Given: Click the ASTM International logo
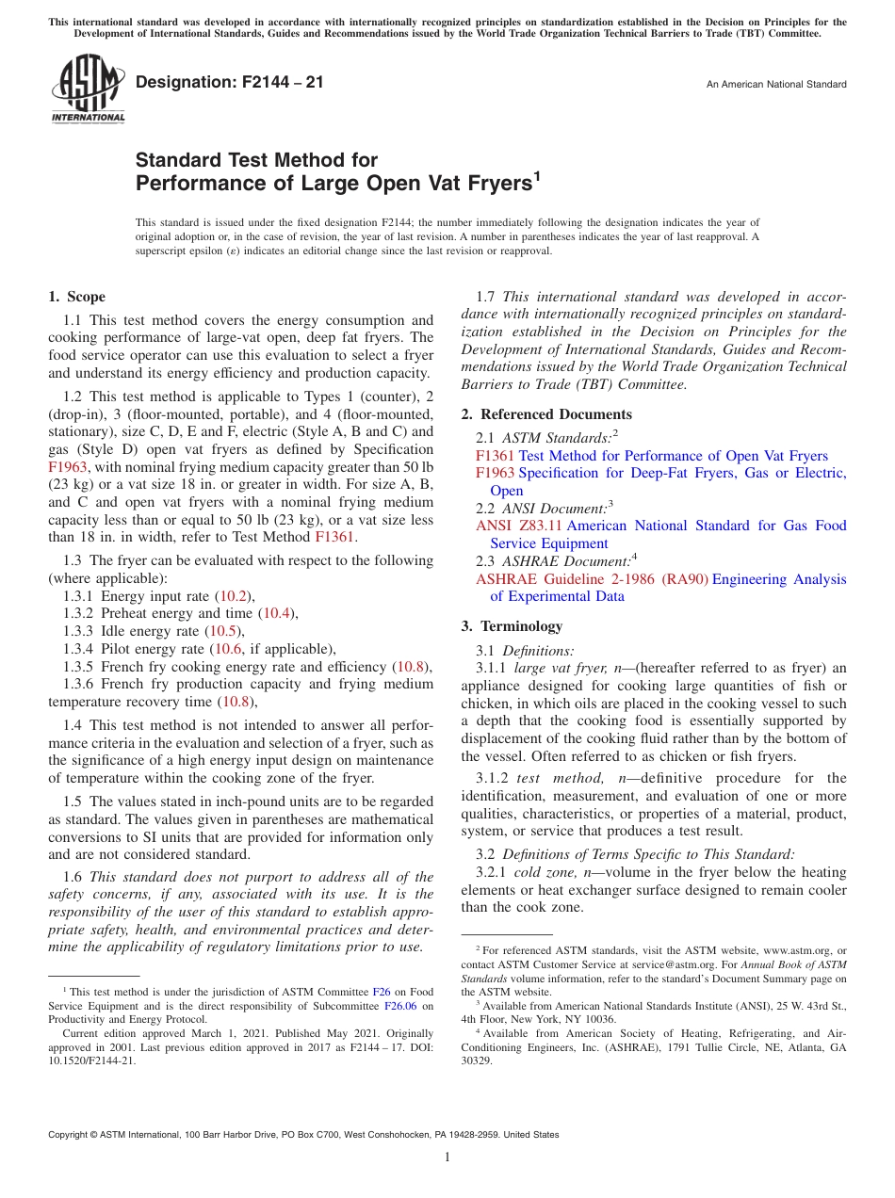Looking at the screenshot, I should tap(87, 89).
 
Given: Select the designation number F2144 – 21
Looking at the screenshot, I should tap(229, 83).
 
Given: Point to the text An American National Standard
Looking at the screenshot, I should tap(775, 85).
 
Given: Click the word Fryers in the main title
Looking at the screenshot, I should tap(496, 184).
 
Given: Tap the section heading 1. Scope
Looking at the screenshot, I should tap(76, 297).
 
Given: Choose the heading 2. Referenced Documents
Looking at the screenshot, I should tap(546, 414).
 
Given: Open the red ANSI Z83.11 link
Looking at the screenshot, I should tap(518, 526).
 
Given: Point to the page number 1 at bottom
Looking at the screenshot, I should tap(447, 1158).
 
